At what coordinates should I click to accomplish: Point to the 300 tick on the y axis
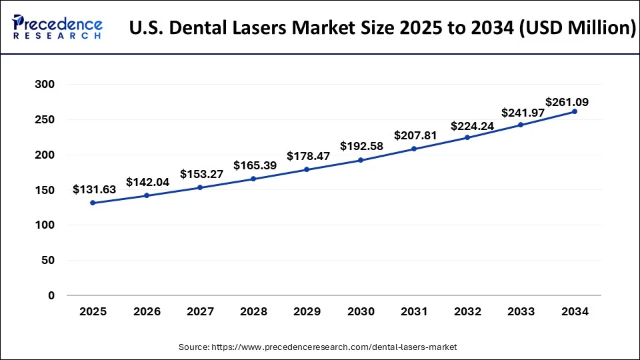pos(43,85)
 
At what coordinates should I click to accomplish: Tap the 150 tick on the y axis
pos(43,190)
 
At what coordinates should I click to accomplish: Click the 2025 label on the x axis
pos(92,311)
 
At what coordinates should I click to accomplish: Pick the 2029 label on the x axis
pos(306,311)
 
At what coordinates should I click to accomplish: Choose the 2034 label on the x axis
pos(574,311)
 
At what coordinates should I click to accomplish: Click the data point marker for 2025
pos(92,203)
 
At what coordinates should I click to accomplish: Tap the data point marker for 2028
pos(253,179)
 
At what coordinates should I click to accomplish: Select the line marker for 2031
pos(413,149)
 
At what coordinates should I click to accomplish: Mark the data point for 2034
pos(574,111)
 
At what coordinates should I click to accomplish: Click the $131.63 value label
pos(94,189)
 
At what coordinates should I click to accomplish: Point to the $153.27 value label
pos(201,174)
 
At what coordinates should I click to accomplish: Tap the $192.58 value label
pos(362,146)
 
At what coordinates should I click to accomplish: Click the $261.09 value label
pos(567,102)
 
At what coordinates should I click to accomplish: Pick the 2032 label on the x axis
pos(467,311)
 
